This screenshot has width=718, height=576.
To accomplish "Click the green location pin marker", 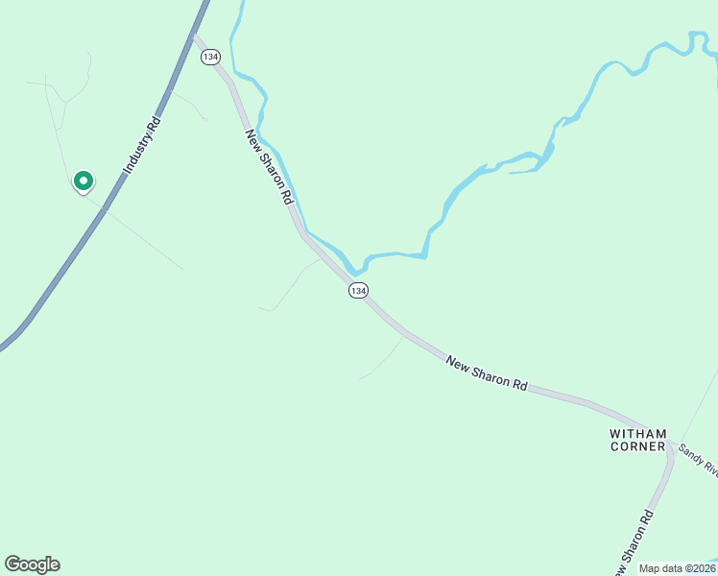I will coord(83,180).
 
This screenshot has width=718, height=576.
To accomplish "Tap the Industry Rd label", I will coord(140,145).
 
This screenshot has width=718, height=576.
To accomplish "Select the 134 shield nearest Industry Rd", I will coord(209,58).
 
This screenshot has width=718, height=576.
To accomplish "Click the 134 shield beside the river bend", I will coord(358,290).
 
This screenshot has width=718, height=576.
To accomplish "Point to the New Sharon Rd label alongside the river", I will coord(269,166).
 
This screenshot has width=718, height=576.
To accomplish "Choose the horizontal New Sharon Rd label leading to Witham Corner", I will coord(487,372).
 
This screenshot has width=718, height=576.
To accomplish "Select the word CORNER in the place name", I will coord(637,446).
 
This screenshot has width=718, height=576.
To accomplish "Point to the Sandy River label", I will coord(698,458).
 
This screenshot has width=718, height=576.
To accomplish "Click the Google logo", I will coord(32,564).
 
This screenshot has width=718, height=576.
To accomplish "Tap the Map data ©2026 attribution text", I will coord(677,568).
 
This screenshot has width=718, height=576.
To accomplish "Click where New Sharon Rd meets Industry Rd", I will coord(195,36).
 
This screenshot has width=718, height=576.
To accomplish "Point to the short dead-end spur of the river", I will coord(523,172).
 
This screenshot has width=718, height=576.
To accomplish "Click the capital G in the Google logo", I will coord(12,564).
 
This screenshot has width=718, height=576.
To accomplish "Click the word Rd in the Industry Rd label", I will coord(154,124).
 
